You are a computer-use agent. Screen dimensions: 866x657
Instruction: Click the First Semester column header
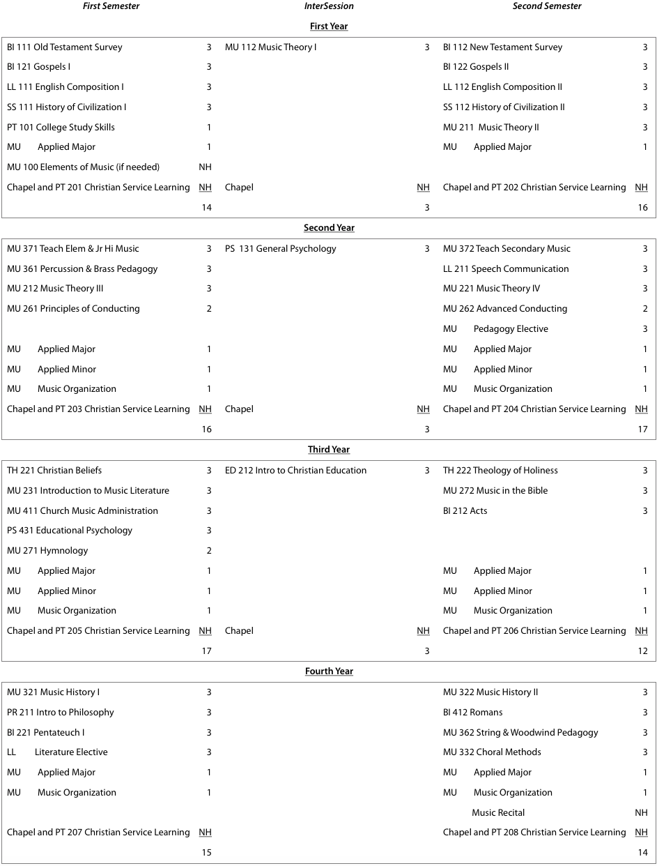tap(111, 6)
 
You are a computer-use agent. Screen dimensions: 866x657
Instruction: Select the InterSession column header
tap(329, 6)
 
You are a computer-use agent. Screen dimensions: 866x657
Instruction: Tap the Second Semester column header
tap(547, 6)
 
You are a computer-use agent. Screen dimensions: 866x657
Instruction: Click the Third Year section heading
tap(329, 450)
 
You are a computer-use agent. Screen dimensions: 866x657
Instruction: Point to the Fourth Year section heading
tap(329, 671)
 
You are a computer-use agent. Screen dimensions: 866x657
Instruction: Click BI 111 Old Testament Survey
tap(65, 47)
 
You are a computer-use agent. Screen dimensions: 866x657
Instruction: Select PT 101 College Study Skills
tap(61, 128)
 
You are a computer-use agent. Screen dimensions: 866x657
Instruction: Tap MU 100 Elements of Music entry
tap(83, 167)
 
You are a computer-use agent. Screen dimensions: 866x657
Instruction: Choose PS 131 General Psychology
tap(280, 249)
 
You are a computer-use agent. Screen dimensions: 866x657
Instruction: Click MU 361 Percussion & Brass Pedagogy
tap(82, 269)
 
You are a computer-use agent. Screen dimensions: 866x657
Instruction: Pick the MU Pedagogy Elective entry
tap(495, 329)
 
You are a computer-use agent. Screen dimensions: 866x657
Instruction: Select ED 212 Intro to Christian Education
tap(295, 471)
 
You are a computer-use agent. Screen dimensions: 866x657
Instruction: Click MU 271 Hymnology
tap(47, 551)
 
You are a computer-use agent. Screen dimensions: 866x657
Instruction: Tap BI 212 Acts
tap(465, 511)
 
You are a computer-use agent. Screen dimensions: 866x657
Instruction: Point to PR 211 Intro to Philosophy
tap(61, 713)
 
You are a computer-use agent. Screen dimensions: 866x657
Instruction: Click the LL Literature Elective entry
tap(57, 752)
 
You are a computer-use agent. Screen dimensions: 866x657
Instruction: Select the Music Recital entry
tap(498, 813)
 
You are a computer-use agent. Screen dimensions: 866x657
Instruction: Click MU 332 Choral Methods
tap(492, 752)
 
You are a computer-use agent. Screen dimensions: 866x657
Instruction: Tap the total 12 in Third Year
tap(642, 651)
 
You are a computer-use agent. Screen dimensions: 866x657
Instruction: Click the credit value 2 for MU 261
tap(208, 309)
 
